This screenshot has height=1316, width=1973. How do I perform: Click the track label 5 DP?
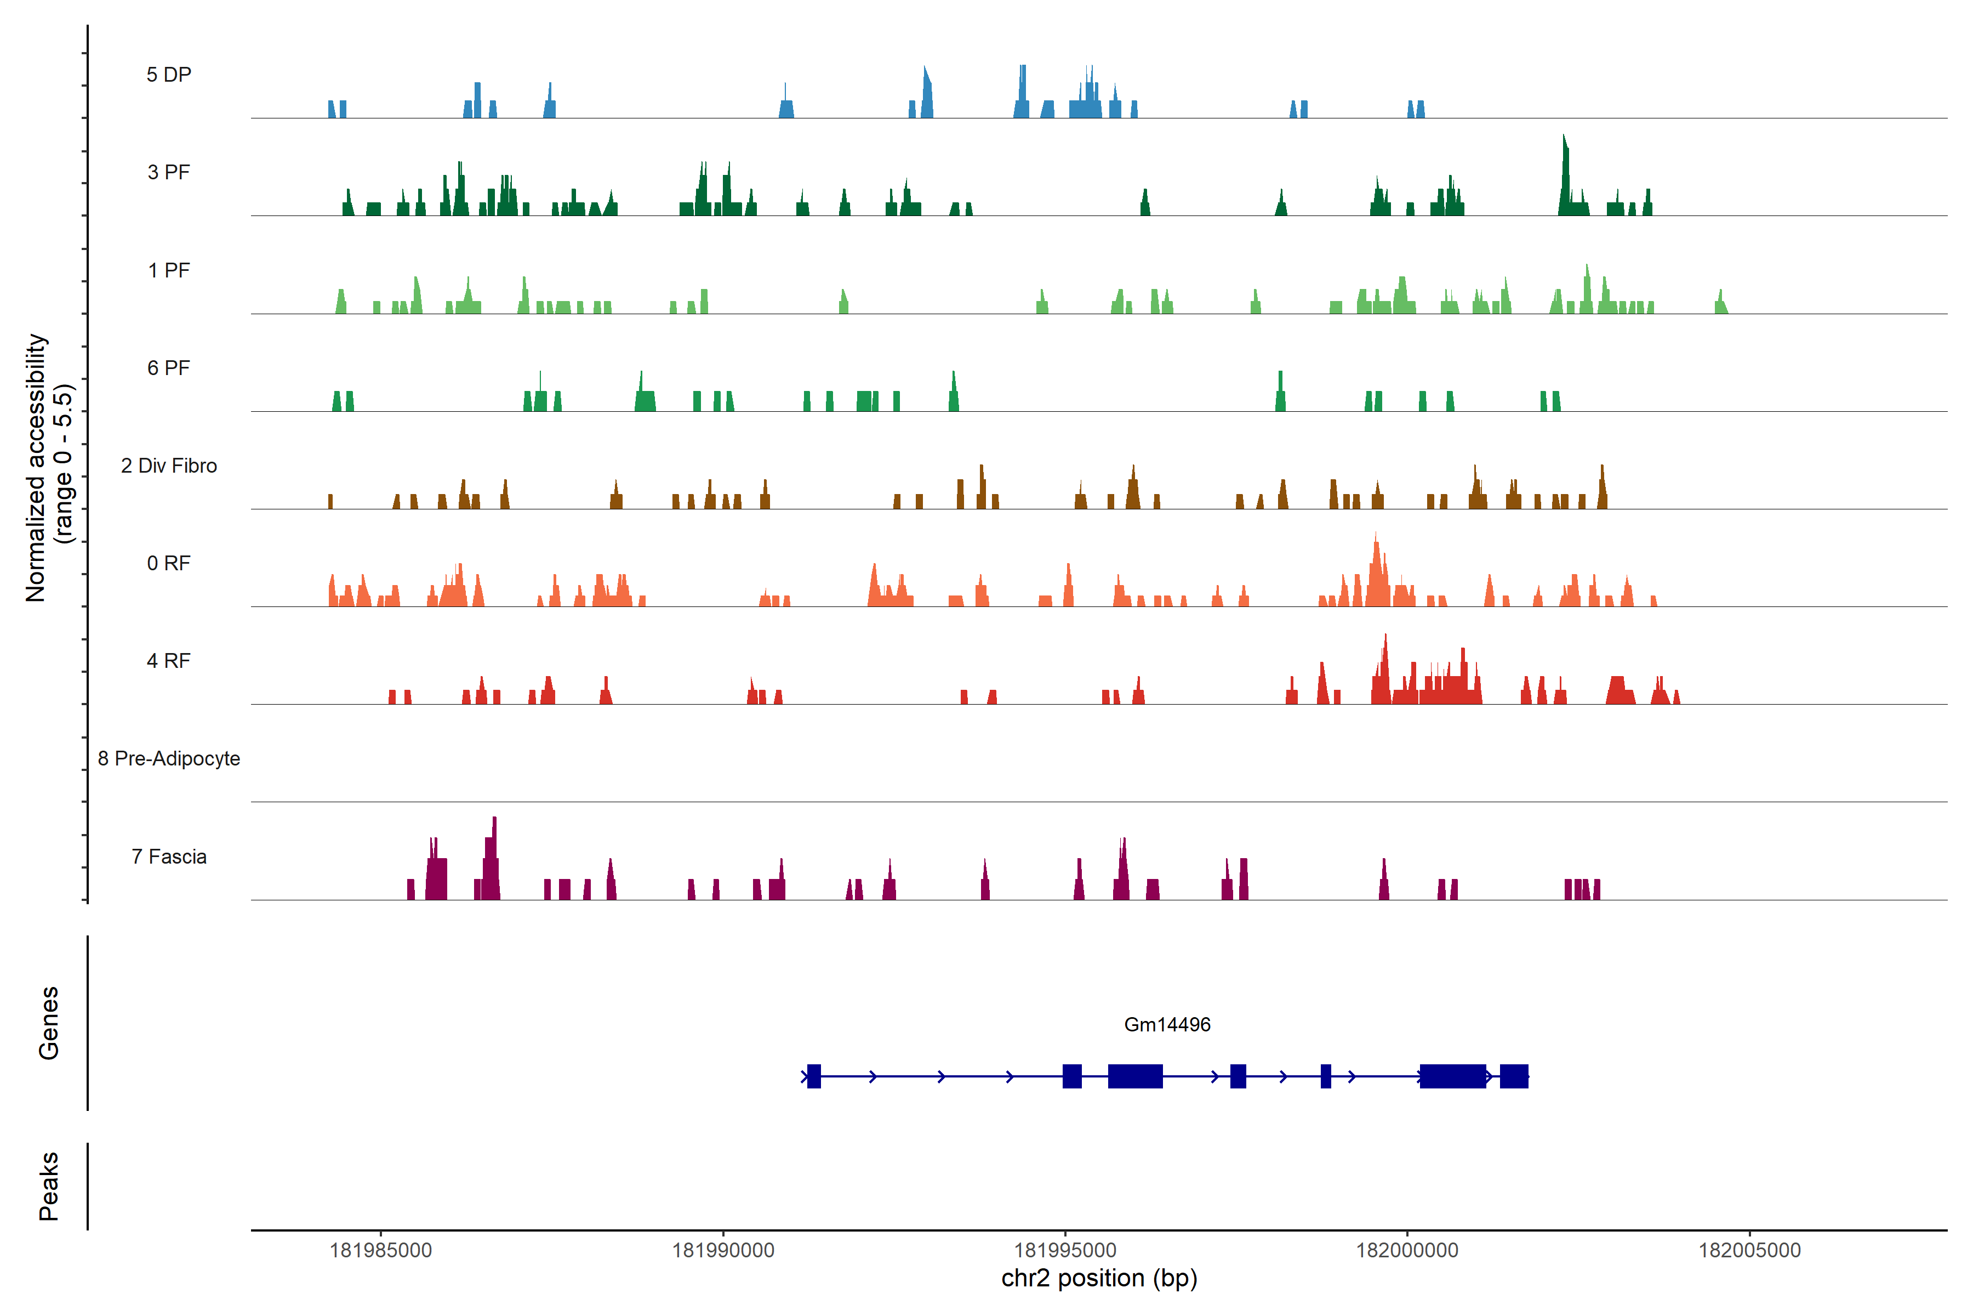point(169,75)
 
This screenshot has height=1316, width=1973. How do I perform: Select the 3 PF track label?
point(169,172)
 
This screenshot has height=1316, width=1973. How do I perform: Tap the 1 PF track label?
point(169,270)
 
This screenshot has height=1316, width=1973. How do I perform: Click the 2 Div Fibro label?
point(169,466)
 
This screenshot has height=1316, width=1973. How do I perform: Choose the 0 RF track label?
point(169,563)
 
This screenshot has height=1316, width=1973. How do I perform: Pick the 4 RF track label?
point(169,661)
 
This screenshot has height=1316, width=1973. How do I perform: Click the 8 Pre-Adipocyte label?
point(169,759)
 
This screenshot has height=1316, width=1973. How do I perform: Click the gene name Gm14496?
point(1167,1025)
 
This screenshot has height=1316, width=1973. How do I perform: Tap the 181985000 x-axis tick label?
point(381,1251)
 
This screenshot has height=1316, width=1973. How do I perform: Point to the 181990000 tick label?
point(723,1251)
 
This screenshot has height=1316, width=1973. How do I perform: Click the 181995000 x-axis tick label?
point(1065,1251)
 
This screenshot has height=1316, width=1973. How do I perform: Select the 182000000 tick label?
point(1407,1251)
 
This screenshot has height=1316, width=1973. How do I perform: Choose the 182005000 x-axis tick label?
point(1750,1251)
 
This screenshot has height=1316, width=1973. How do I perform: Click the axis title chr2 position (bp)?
point(1099,1278)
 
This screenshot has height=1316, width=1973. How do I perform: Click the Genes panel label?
point(49,1023)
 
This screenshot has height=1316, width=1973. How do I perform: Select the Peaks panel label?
point(49,1186)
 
